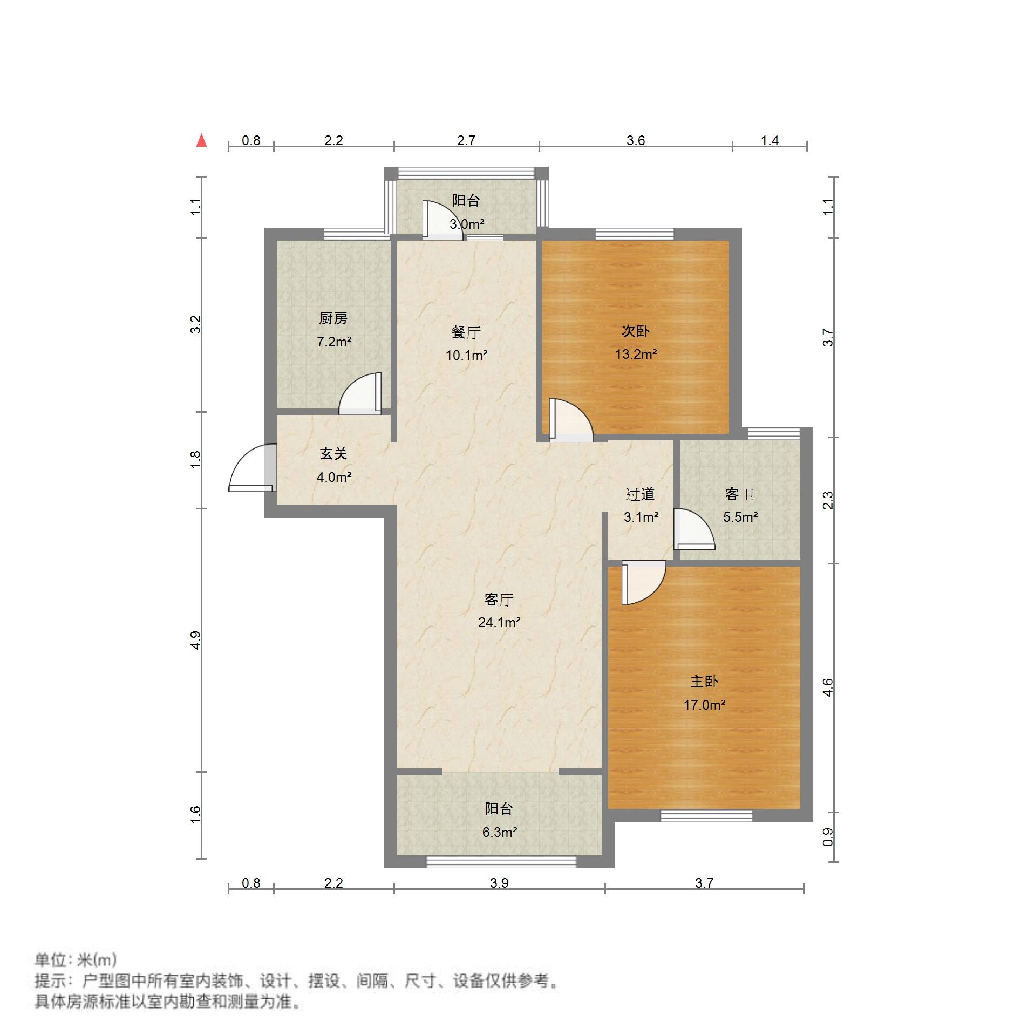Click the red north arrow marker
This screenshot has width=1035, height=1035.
click(201, 141)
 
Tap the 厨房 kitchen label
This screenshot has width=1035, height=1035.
click(333, 319)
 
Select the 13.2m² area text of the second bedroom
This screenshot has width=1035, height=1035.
click(636, 355)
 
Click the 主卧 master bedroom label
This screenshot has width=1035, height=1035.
click(704, 682)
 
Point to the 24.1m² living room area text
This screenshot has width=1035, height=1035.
click(499, 623)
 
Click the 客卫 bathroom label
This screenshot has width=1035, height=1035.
click(739, 494)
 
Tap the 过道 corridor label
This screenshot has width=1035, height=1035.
click(640, 494)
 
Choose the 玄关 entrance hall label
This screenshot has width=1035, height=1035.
click(333, 454)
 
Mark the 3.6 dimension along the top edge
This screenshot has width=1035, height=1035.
click(636, 141)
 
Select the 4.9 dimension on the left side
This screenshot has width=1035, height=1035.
click(195, 640)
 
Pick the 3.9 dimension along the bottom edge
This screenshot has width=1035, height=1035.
click(499, 883)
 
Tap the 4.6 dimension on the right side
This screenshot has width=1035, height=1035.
click(828, 687)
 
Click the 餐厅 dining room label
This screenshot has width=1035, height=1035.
click(466, 332)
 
